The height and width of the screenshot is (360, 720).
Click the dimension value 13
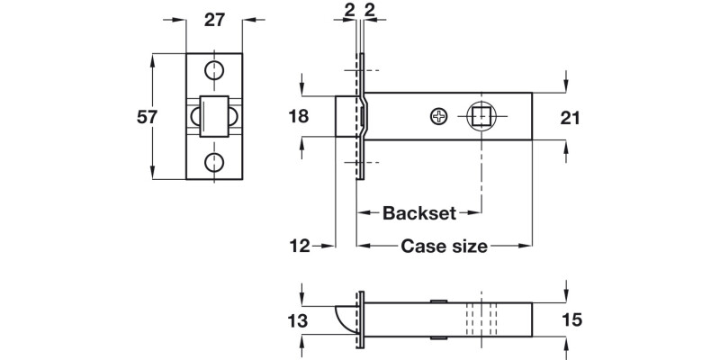pos(297,321)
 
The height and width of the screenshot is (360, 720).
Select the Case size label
pos(444,245)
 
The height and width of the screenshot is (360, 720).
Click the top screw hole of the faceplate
pos(214,71)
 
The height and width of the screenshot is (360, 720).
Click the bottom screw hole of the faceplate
pos(214,162)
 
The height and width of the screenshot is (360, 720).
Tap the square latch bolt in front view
pos(214,116)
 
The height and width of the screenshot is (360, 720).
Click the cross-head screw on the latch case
pos(438,116)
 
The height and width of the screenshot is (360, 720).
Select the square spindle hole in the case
pos(479,116)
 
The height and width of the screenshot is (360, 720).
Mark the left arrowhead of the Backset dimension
pos(363,214)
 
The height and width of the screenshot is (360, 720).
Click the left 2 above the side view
pos(348,11)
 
